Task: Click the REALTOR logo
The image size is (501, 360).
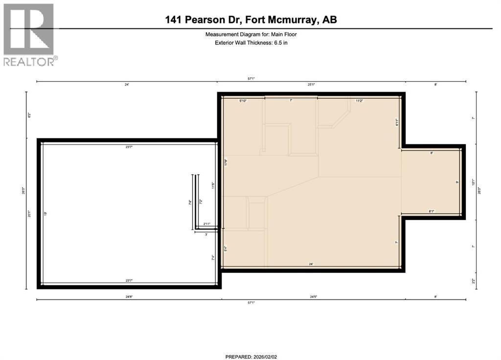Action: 29,34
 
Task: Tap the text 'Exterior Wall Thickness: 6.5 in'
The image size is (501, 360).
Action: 250,43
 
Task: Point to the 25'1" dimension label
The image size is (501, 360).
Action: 311,85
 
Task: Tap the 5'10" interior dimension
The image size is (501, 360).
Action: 243,101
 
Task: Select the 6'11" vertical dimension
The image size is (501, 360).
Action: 397,122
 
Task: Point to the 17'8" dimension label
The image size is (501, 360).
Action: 226,163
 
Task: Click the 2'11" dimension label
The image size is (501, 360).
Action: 207,224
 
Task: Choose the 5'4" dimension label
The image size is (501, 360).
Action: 226,248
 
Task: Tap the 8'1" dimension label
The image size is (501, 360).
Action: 432,211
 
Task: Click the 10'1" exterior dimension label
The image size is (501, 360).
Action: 473,182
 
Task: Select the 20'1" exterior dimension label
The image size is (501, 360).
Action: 30,214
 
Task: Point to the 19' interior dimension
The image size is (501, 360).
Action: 45,214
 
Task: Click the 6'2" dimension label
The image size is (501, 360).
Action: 30,116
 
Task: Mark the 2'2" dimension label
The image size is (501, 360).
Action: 473,280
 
